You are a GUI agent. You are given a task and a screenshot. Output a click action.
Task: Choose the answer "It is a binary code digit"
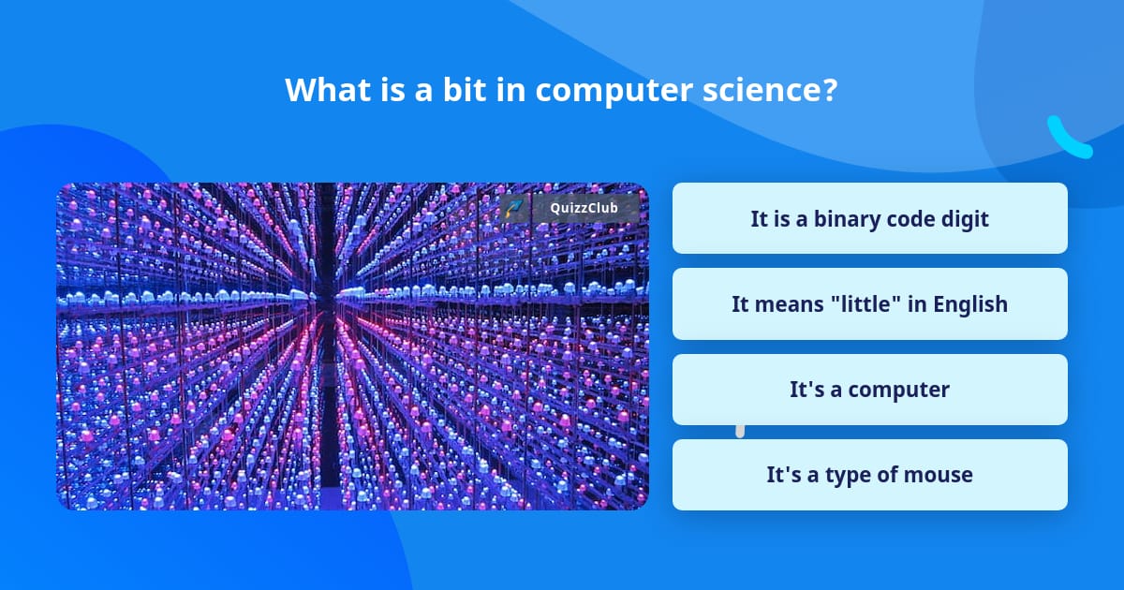tap(869, 218)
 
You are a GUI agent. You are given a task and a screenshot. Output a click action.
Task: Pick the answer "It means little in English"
tap(869, 304)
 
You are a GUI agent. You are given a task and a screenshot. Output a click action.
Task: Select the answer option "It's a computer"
tap(869, 390)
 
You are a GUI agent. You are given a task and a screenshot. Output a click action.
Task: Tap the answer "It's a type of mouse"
tap(869, 475)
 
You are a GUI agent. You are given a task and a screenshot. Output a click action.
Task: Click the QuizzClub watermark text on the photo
tap(583, 208)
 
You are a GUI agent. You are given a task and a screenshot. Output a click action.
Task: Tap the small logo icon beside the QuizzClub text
tap(514, 208)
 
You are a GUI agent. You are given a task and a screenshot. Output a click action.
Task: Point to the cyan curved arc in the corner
tap(1067, 139)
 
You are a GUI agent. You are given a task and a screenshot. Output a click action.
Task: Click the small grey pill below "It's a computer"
tap(740, 430)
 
